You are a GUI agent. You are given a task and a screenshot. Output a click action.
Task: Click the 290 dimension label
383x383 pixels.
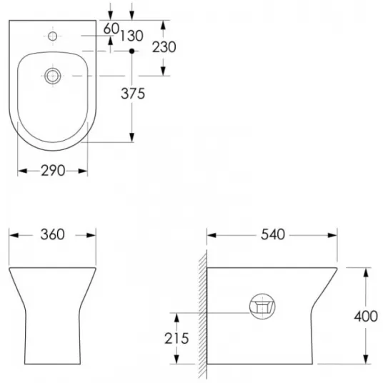(53, 171)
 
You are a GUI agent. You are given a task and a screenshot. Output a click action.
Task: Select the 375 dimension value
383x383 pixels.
(133, 94)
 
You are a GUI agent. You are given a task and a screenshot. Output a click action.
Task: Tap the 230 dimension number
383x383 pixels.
(164, 47)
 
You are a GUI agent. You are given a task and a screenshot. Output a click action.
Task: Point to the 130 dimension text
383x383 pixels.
(131, 36)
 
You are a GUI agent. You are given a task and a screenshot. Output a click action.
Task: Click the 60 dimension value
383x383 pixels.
(111, 29)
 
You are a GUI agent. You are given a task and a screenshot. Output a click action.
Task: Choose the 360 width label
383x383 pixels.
(52, 234)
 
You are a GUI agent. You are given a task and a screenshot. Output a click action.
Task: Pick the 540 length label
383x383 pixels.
(273, 234)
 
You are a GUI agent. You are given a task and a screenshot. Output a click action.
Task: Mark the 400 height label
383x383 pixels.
(366, 317)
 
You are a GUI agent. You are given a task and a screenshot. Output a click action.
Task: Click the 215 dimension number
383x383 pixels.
(176, 339)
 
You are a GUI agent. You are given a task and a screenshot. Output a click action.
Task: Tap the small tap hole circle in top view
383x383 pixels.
(52, 36)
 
